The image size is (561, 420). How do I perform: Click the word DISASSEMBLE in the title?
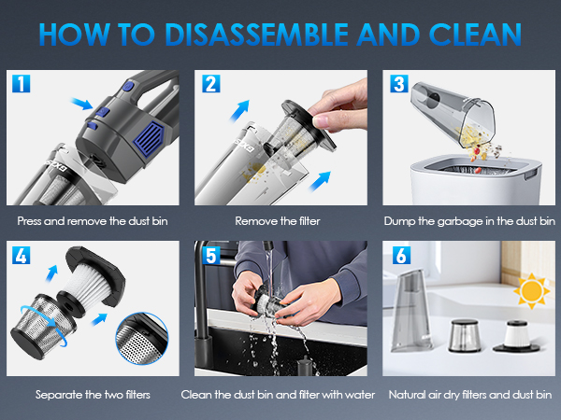pyautogui.click(x=256, y=35)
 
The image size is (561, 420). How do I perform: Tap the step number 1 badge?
pyautogui.click(x=22, y=84)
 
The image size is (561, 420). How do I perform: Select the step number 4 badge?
pyautogui.click(x=22, y=256)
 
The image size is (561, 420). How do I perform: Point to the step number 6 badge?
pyautogui.click(x=401, y=256)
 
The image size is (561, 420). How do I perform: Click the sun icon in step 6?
pyautogui.click(x=531, y=291)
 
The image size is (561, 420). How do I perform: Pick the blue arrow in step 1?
pyautogui.click(x=82, y=104)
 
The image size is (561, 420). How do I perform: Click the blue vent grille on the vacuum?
pyautogui.click(x=150, y=139)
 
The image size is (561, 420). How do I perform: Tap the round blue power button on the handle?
pyautogui.click(x=128, y=86)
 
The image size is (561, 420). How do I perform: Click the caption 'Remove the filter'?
pyautogui.click(x=278, y=221)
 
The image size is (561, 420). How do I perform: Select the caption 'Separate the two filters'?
pyautogui.click(x=93, y=395)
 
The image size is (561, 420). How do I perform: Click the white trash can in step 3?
pyautogui.click(x=476, y=179)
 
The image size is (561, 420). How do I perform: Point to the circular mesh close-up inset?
pyautogui.click(x=142, y=339)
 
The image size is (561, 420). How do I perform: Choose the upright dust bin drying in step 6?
pyautogui.click(x=411, y=311)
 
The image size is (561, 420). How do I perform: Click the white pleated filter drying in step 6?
pyautogui.click(x=516, y=336)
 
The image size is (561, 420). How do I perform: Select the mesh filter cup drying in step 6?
pyautogui.click(x=465, y=336)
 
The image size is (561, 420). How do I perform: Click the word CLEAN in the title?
pyautogui.click(x=475, y=35)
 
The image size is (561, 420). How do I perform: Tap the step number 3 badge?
pyautogui.click(x=399, y=84)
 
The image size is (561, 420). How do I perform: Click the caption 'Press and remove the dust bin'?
pyautogui.click(x=93, y=221)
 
